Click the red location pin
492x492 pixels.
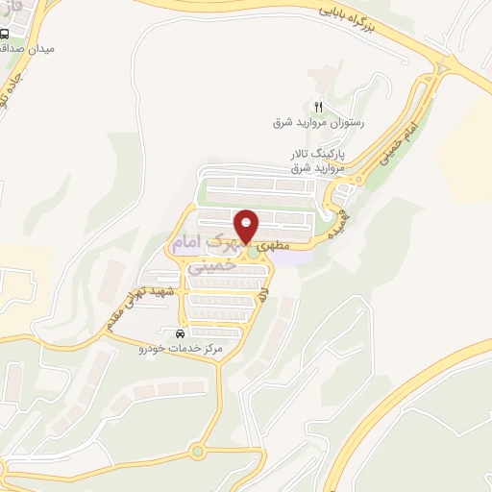click(248, 227)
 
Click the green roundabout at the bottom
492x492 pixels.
click(199, 449)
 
